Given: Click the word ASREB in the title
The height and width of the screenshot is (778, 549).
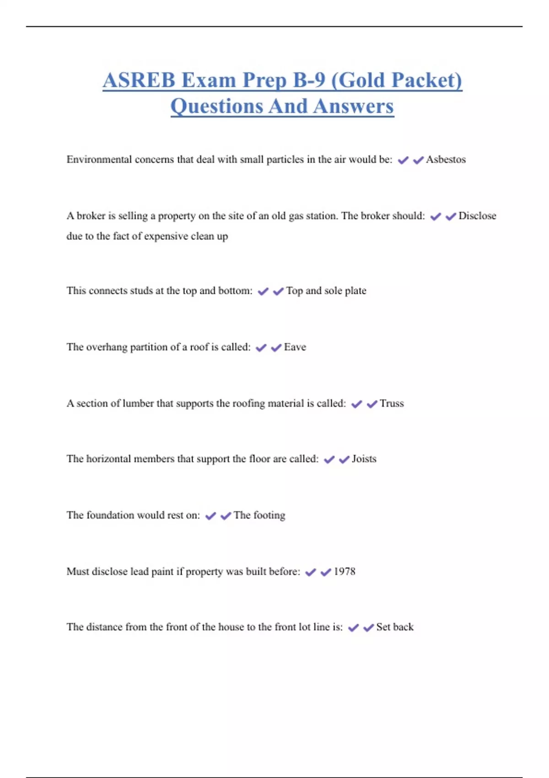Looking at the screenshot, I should click(139, 81).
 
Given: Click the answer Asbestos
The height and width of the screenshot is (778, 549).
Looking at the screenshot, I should click(446, 160).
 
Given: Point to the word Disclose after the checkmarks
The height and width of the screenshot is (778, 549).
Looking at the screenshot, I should click(477, 216).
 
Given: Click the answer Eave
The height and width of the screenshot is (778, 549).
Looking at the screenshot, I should click(295, 347).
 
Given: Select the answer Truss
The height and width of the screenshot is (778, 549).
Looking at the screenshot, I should click(392, 404).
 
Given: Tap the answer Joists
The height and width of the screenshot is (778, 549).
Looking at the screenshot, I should click(364, 459).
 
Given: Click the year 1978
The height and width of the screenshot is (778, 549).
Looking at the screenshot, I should click(344, 572).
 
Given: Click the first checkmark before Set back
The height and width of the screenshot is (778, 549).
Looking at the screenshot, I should click(353, 628).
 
